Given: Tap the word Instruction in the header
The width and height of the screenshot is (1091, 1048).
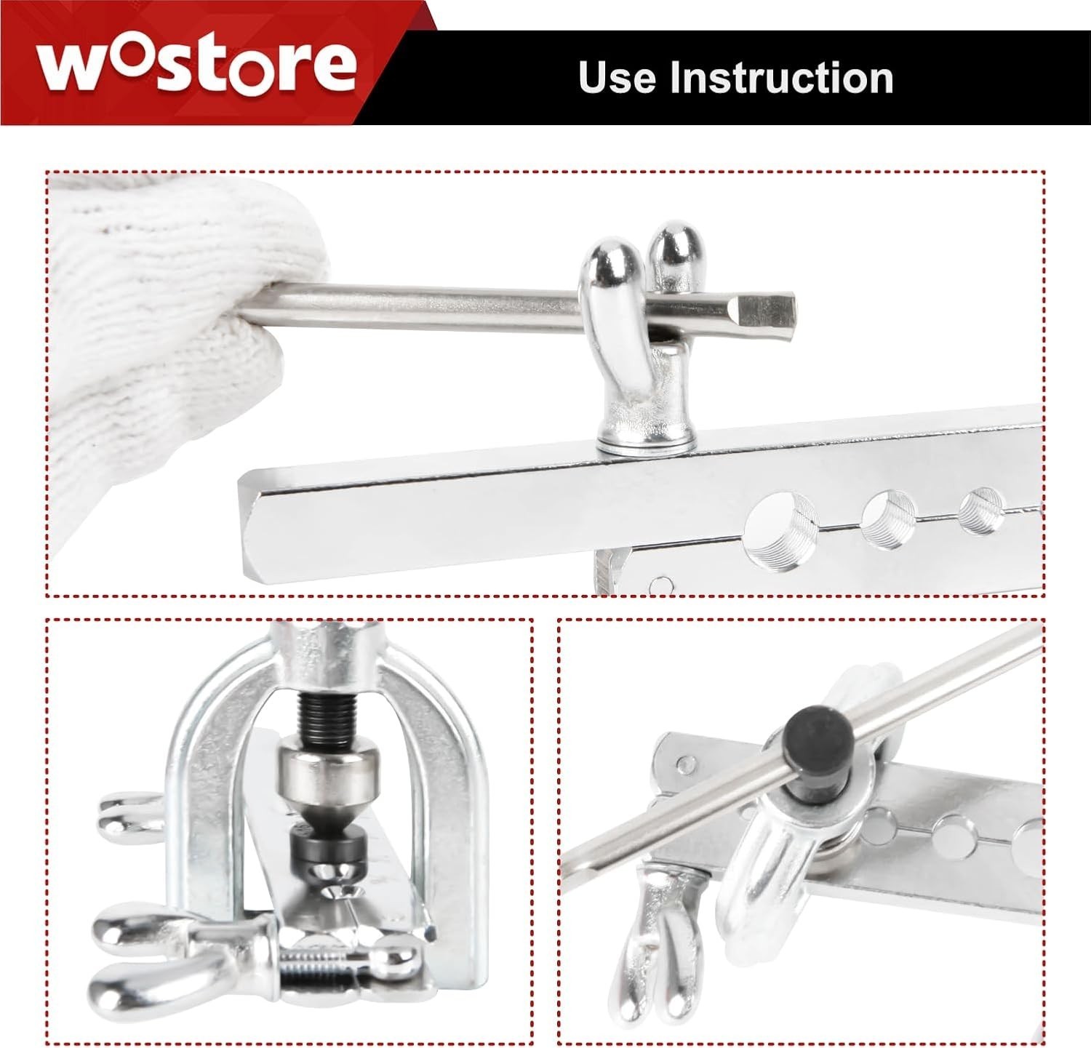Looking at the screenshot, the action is [x=781, y=78].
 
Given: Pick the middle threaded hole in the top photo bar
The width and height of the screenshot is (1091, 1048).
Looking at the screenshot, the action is [x=888, y=519].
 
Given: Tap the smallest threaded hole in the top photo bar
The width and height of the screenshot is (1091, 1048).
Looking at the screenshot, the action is [x=981, y=511].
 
